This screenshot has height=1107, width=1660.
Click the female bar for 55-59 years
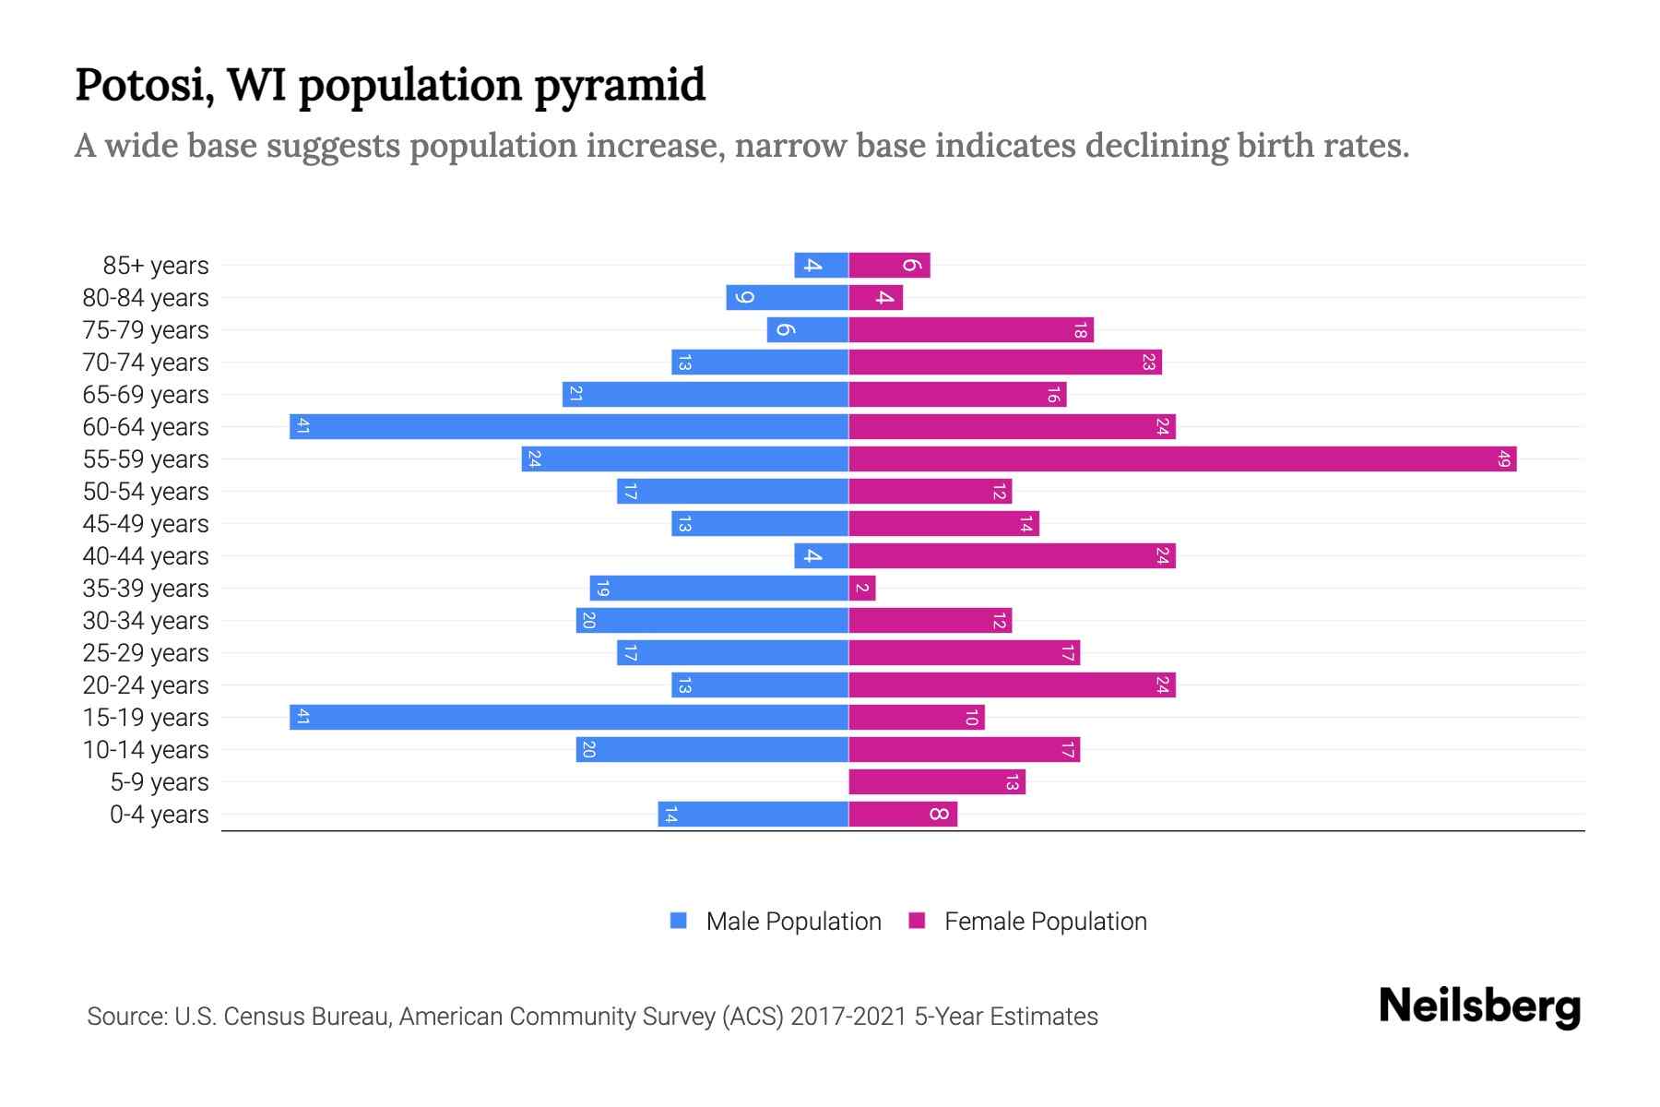(1182, 458)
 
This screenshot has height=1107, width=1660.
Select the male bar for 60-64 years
(569, 426)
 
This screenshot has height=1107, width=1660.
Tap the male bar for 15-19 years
(569, 717)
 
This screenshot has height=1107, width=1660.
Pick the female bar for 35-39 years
(861, 588)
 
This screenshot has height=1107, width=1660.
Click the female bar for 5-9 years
(936, 781)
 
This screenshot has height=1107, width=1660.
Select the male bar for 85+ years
(821, 265)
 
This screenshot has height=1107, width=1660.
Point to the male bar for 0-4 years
(753, 814)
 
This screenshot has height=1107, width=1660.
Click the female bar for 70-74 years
(1004, 362)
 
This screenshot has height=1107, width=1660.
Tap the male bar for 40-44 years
(821, 555)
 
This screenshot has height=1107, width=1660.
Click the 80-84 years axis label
(146, 298)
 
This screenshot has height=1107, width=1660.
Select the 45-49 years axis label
(146, 524)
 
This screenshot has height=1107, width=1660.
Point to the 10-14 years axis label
(146, 750)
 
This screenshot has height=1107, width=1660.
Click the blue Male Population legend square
(679, 921)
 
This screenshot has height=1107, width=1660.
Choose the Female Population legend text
(1045, 922)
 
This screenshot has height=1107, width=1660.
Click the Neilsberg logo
(1479, 1006)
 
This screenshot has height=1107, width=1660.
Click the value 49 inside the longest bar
(1504, 458)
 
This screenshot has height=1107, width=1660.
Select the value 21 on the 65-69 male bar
(575, 394)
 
